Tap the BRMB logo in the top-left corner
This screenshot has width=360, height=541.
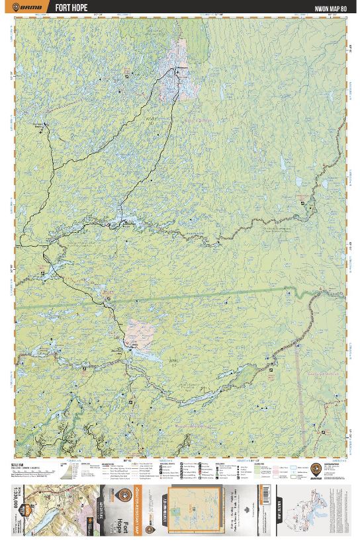click(28, 7)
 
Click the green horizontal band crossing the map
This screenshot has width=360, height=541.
click(199, 297)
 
